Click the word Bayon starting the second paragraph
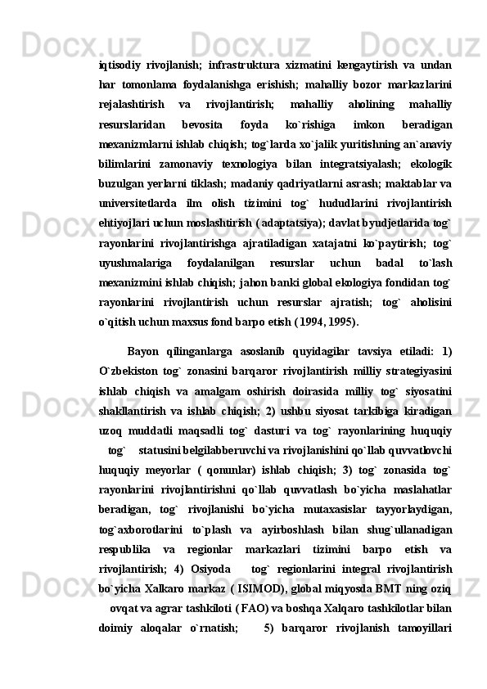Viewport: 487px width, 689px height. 143,353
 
